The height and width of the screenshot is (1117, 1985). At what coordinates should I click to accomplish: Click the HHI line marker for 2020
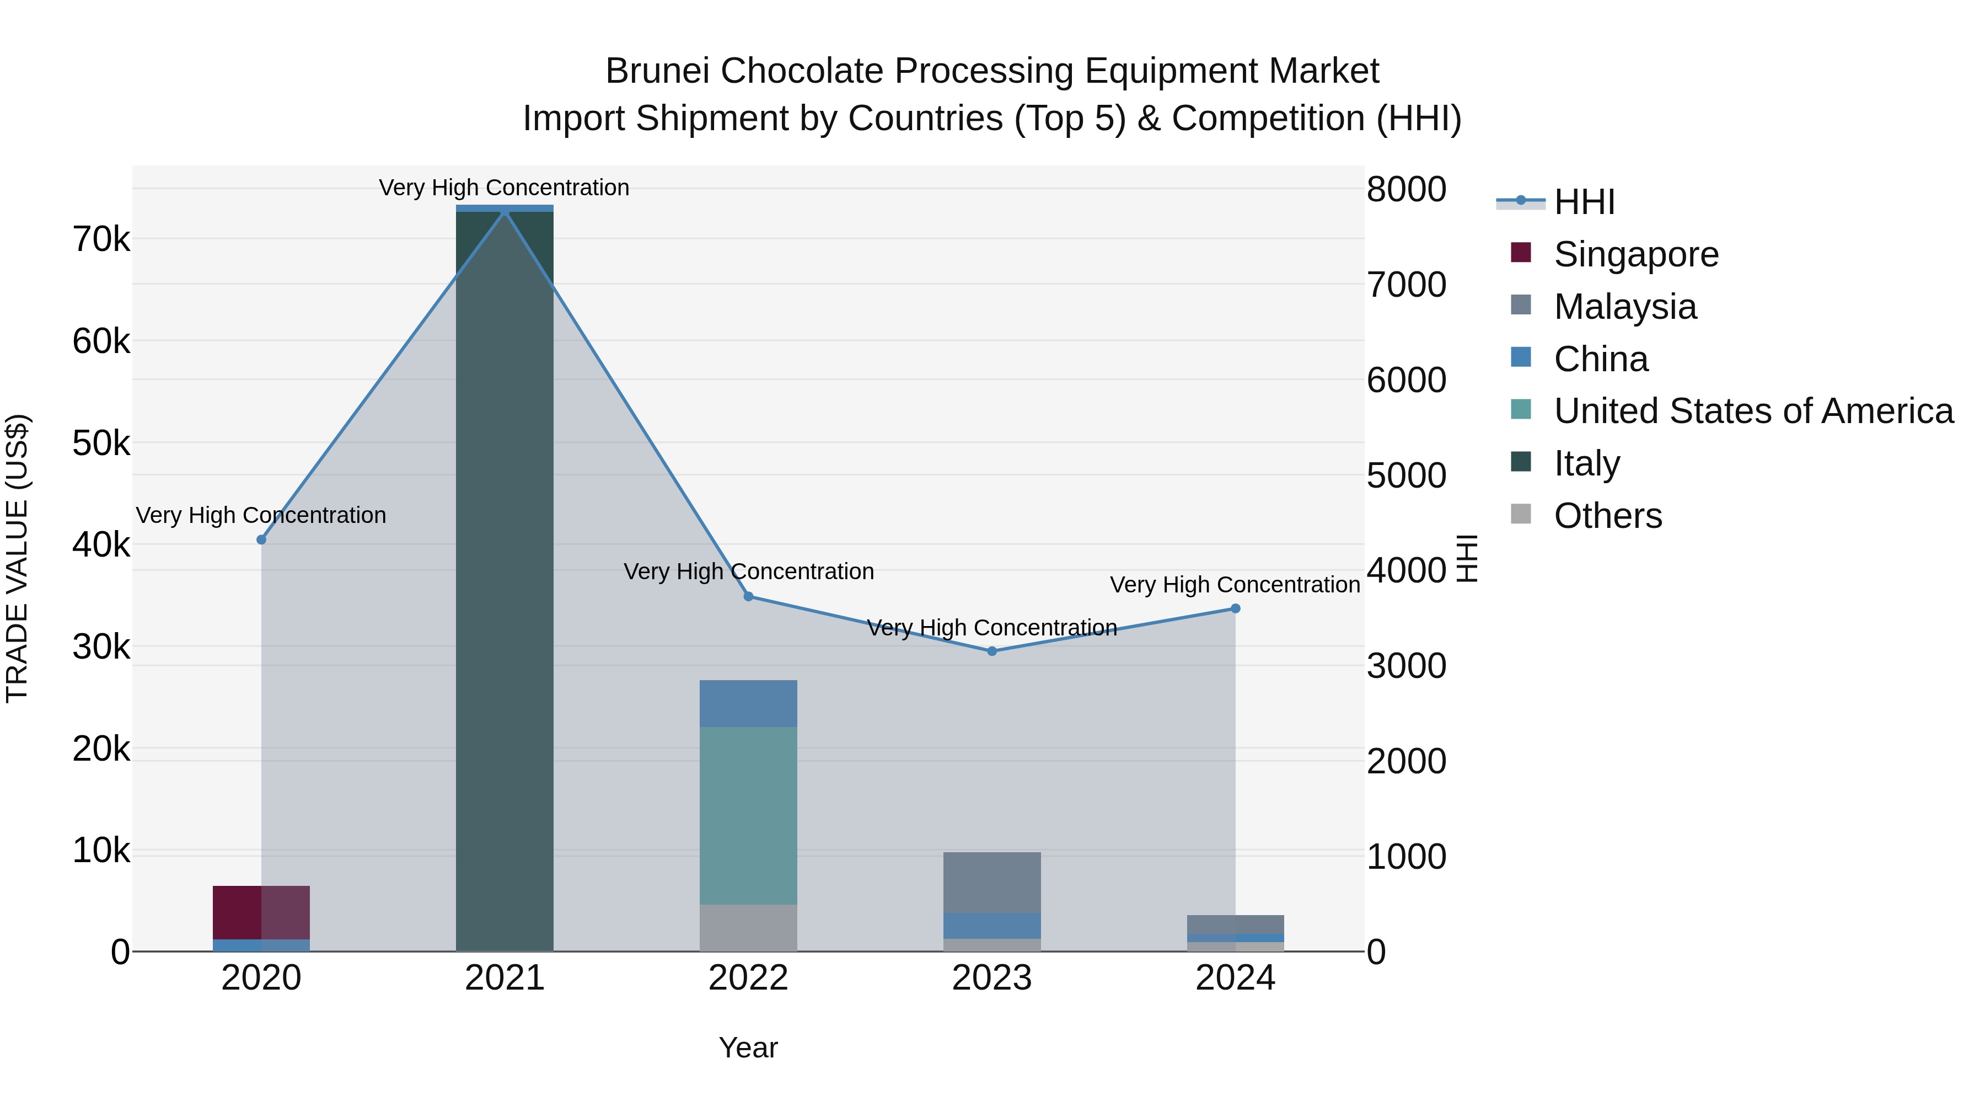coord(261,539)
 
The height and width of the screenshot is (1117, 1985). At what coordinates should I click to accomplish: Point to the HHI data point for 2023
coord(992,651)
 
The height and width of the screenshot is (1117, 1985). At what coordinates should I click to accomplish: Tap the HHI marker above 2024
coord(1235,609)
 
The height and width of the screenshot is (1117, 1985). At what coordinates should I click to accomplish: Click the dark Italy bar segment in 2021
coord(505,578)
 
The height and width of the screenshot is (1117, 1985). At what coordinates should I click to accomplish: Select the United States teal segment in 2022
coord(748,816)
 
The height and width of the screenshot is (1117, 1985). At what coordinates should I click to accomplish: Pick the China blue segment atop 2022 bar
coord(748,703)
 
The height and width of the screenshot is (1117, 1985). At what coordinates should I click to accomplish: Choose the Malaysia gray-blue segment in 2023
coord(992,882)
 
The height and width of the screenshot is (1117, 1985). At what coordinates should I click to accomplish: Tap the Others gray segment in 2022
coord(748,927)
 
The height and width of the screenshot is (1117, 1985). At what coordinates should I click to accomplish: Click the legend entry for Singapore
coord(1635,254)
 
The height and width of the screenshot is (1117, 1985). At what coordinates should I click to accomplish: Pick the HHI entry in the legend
coord(1584,202)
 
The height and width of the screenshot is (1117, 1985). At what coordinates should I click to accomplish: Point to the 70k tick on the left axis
coord(101,240)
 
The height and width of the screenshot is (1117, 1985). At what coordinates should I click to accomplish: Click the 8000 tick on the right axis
coord(1406,190)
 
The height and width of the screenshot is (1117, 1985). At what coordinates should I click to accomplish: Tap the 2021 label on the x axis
coord(505,978)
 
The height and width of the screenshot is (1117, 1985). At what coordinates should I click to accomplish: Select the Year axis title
coord(748,1047)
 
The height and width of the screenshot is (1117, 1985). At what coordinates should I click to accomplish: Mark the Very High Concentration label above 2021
coord(504,188)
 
